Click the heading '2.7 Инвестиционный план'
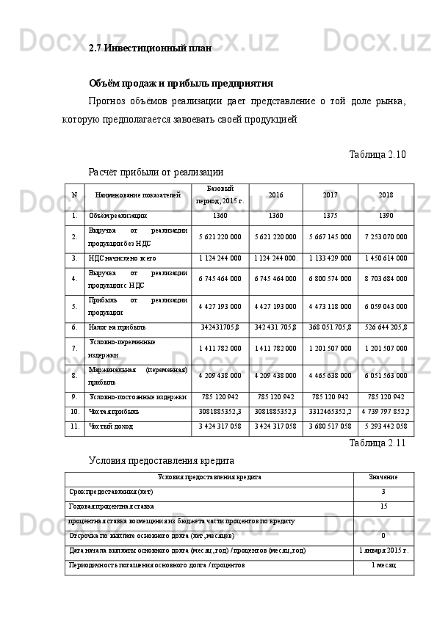tap(150, 48)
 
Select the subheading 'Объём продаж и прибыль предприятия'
tap(181, 83)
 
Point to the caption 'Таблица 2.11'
tap(377, 443)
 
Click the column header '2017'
tap(330, 195)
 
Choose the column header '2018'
tap(386, 195)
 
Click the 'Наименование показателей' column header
tap(138, 195)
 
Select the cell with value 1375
tap(330, 217)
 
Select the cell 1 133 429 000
tap(330, 258)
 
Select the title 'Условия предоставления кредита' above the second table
tap(161, 461)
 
